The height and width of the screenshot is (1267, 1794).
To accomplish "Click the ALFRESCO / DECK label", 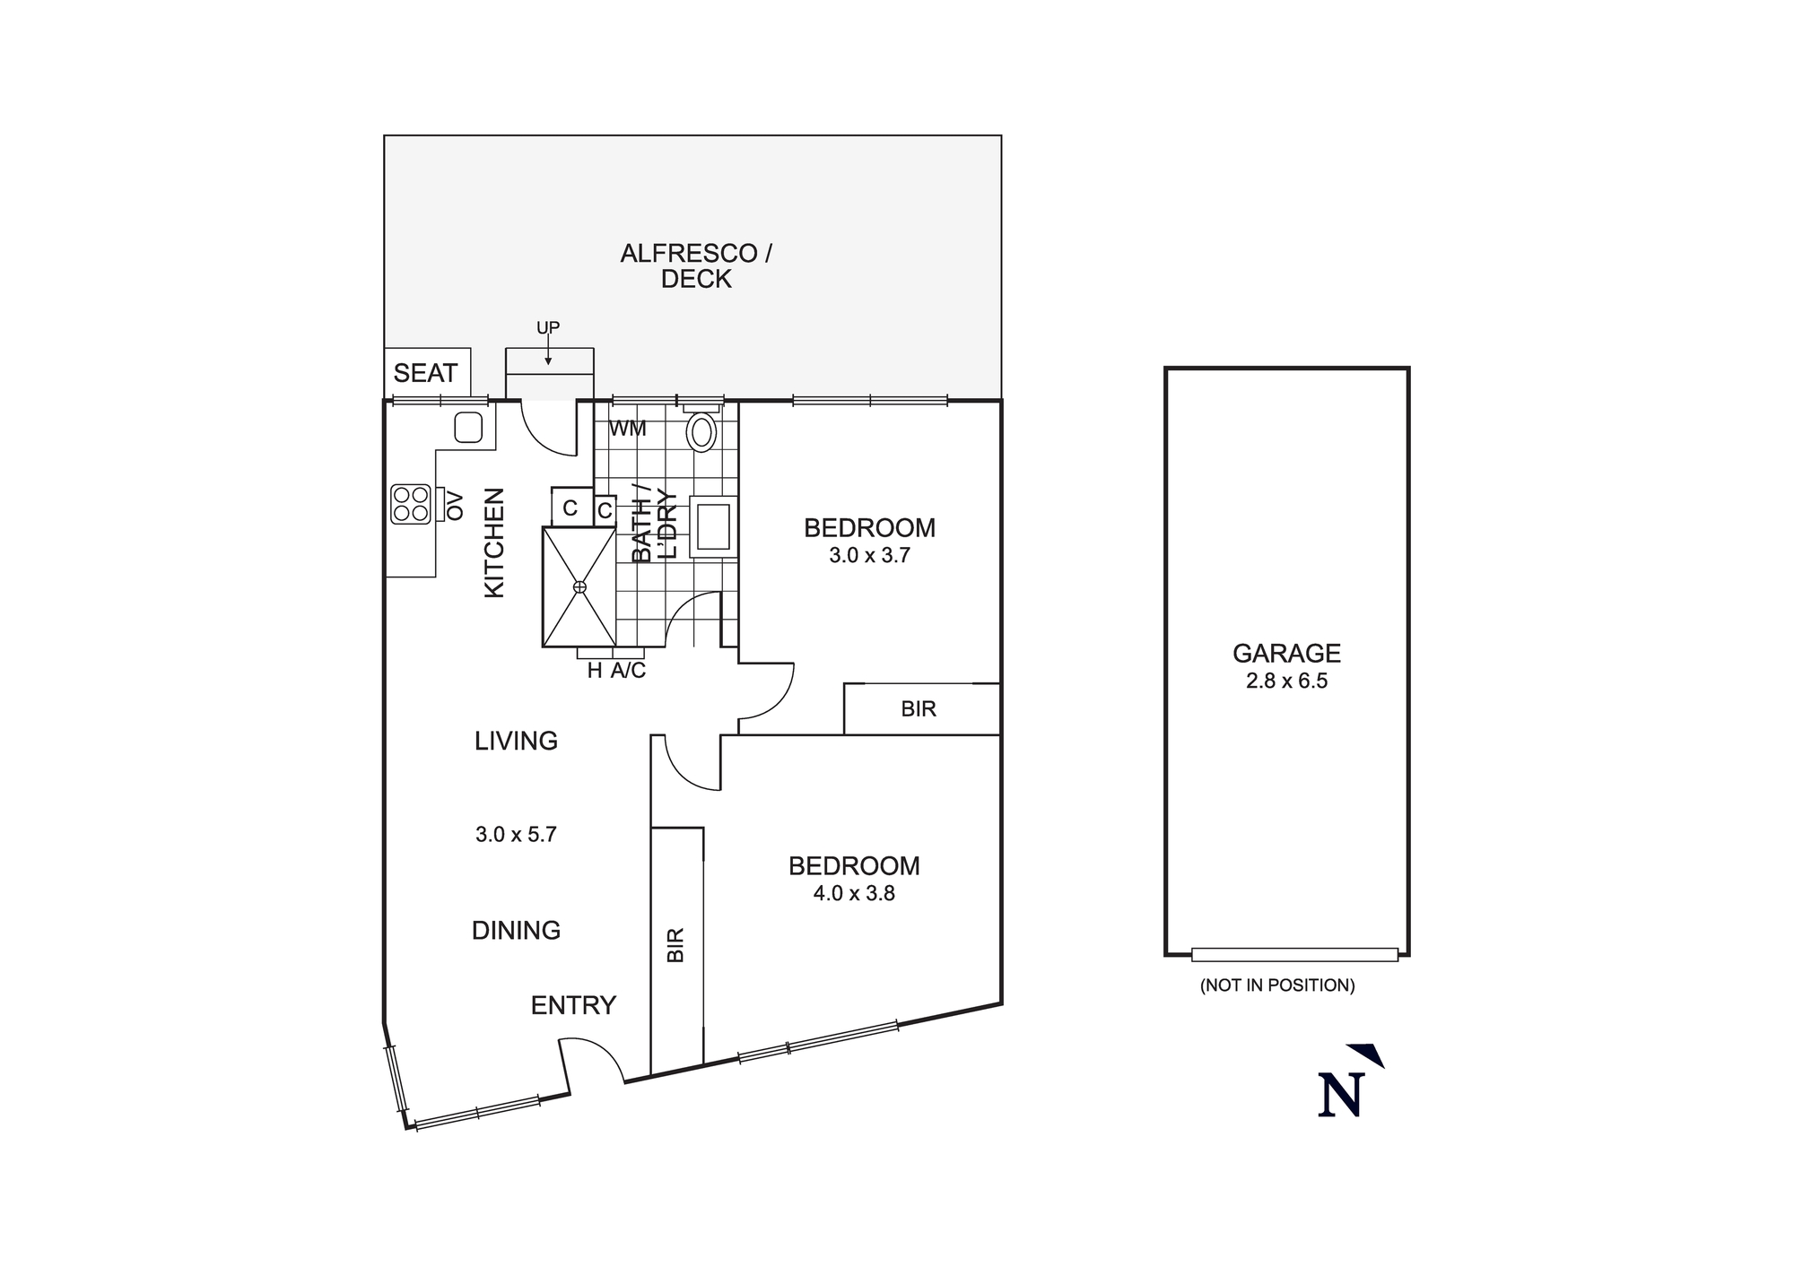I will (x=696, y=266).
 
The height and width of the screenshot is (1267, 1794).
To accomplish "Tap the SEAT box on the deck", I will (x=426, y=373).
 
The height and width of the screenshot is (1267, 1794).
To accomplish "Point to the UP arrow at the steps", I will (x=548, y=345).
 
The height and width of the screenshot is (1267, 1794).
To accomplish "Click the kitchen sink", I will (x=468, y=428).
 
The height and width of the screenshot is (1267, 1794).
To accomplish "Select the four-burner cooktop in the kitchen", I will (x=411, y=504).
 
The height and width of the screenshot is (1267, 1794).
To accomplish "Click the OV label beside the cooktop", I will (x=455, y=505).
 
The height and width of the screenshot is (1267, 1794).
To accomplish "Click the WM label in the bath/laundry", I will (x=627, y=429).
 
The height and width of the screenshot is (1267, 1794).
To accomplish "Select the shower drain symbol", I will (x=579, y=586).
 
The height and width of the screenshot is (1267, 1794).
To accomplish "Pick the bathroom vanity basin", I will (x=714, y=527).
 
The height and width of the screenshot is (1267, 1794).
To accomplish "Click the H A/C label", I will (x=616, y=671).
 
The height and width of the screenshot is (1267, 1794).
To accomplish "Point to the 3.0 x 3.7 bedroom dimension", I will (x=869, y=556).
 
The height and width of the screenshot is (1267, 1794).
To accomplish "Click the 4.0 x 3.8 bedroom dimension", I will (x=854, y=893).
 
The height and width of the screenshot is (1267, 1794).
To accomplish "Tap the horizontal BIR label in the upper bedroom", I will (x=919, y=709).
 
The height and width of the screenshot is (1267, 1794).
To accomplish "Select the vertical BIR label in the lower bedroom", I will (x=676, y=945).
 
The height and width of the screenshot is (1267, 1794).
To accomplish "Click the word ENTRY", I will (x=573, y=1005).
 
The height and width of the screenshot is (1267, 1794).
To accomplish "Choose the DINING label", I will (x=516, y=931).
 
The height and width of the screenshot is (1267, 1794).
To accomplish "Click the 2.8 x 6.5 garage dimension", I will (x=1286, y=681).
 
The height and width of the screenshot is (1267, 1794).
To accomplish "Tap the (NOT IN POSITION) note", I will (x=1277, y=985).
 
